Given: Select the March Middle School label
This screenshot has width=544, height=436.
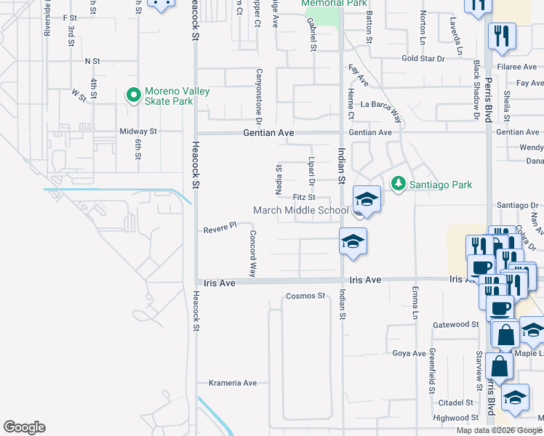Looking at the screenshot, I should pyautogui.click(x=300, y=211).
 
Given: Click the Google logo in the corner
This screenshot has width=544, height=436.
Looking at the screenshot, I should pyautogui.click(x=24, y=427).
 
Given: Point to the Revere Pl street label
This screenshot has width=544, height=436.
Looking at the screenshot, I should pyautogui.click(x=220, y=227).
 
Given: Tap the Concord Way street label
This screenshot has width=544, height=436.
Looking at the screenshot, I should pyautogui.click(x=253, y=254).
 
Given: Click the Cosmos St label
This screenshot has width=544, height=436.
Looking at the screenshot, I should pyautogui.click(x=305, y=296).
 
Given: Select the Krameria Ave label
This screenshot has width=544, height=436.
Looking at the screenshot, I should pyautogui.click(x=233, y=383).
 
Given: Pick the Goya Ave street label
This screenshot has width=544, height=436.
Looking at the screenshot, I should pyautogui.click(x=409, y=353).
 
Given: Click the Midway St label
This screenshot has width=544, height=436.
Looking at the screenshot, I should pyautogui.click(x=138, y=132).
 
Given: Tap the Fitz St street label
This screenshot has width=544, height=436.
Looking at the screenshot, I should pyautogui.click(x=303, y=197).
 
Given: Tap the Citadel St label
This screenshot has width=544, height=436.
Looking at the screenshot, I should pyautogui.click(x=456, y=402).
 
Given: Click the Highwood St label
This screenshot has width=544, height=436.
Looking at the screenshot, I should pyautogui.click(x=451, y=418).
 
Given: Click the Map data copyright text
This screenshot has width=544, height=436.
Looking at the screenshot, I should pyautogui.click(x=499, y=430).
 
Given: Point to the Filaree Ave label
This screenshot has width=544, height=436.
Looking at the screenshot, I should pyautogui.click(x=517, y=66).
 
